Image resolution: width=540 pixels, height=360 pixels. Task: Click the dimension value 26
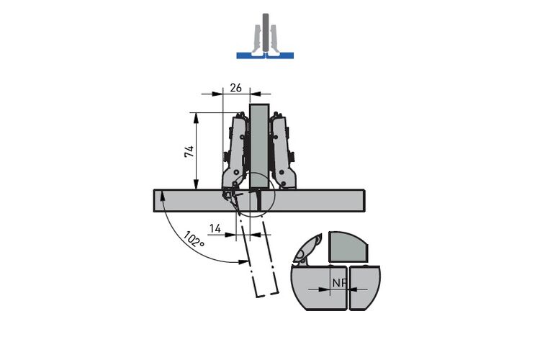coord(235,88)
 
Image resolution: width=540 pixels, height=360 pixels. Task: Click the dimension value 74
coord(189,152)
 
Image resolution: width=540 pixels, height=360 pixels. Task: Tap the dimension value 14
coord(215,228)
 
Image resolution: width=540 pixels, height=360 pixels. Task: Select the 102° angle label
coord(194,239)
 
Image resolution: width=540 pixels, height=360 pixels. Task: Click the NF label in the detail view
coord(339,283)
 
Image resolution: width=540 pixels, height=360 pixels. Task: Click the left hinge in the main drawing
coord(235,155)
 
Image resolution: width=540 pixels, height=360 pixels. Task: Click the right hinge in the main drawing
coord(283,152)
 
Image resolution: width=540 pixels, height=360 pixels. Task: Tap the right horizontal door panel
coord(312,200)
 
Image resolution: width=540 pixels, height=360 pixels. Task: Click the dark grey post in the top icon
coord(265,33)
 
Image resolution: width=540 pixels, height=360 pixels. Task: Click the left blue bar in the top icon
coord(251,55)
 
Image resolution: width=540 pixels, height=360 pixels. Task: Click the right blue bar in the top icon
coord(280,55)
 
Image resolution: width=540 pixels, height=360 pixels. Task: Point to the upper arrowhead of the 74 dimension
coord(197,118)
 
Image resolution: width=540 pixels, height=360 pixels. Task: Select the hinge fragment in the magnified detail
coord(307,250)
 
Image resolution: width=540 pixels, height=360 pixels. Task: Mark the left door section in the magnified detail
coord(319,288)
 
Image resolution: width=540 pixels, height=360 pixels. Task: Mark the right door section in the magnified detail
coord(364,288)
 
